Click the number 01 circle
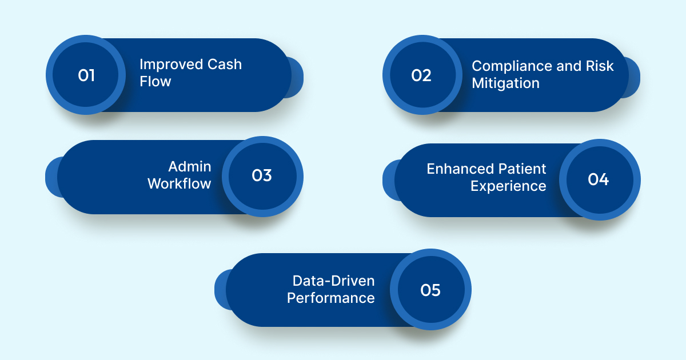(x=86, y=75)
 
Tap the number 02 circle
(x=422, y=75)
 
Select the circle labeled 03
(x=262, y=176)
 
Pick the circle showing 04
(x=599, y=179)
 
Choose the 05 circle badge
(x=430, y=290)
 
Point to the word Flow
(x=155, y=82)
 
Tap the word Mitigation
(x=505, y=83)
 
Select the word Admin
(x=190, y=166)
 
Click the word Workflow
(x=180, y=184)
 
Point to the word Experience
(x=508, y=186)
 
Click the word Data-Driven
(x=333, y=281)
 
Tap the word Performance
(x=330, y=298)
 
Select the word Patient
(x=521, y=169)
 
